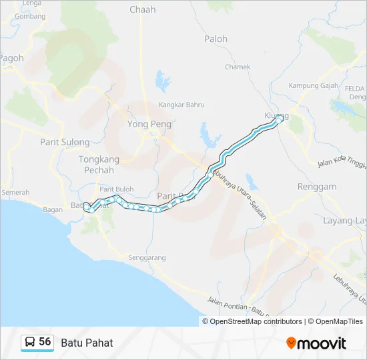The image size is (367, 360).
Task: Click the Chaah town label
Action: point(142,9)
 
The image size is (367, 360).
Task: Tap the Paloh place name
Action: point(216,39)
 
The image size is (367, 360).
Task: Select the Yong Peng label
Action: point(149,124)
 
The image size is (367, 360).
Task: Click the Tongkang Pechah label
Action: point(99,165)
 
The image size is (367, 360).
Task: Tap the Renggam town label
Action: point(317,187)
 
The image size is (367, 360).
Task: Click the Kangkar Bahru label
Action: point(181,105)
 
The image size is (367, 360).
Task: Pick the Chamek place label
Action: point(238,67)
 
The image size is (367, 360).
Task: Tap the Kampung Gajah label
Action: point(313,86)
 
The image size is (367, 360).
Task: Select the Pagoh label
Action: point(11,58)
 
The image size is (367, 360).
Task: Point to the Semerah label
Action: point(15,193)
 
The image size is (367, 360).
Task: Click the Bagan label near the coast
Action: point(52,209)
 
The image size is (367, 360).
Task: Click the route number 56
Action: point(45,342)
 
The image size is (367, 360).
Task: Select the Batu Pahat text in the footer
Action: point(87,343)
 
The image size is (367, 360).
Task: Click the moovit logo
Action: point(316,343)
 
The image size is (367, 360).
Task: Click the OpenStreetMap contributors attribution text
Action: point(256,321)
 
